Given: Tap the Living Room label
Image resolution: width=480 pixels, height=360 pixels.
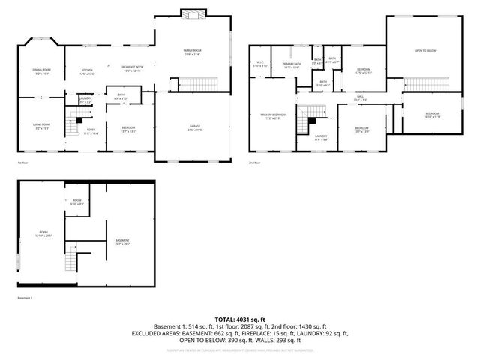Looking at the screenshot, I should click(x=40, y=126).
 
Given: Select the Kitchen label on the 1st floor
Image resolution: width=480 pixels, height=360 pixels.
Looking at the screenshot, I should click(x=88, y=72).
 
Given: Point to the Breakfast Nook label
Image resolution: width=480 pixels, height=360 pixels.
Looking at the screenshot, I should click(x=132, y=68).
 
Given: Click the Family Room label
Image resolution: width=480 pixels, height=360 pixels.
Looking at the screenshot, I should click(x=193, y=52).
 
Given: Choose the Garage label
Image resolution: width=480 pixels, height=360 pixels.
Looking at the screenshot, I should click(x=193, y=128).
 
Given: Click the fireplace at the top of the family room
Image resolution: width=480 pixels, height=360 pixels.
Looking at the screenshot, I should click(x=193, y=14).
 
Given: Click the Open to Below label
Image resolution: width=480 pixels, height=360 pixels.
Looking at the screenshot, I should click(x=425, y=52).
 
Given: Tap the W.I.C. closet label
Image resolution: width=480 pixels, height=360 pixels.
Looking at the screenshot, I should click(x=259, y=64).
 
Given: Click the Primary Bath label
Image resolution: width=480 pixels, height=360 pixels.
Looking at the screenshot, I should click(x=290, y=66).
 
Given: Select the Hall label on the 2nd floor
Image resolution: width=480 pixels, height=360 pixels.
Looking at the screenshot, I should click(x=360, y=97).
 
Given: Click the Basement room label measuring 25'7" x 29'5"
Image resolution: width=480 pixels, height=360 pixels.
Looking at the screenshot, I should click(x=122, y=243).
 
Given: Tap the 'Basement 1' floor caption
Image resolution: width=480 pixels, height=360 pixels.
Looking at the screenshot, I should click(x=25, y=298).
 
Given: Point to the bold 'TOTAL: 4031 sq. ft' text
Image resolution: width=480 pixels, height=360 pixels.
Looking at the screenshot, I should click(x=239, y=319).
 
